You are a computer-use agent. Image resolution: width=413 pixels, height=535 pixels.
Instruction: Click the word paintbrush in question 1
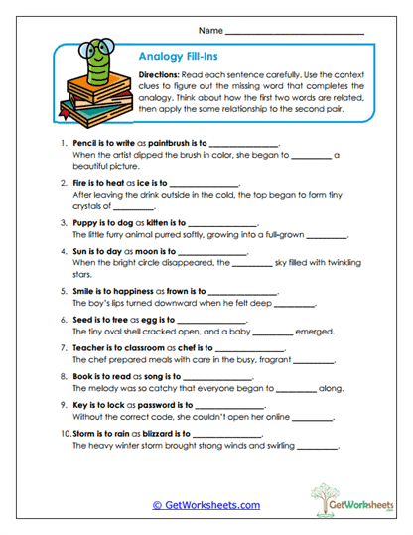point(164,144)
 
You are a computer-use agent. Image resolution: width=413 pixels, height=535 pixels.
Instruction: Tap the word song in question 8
point(141,376)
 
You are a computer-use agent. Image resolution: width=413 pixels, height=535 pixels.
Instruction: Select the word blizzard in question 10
point(153,433)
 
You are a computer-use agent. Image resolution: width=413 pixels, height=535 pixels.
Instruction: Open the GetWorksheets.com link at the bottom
point(206,505)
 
